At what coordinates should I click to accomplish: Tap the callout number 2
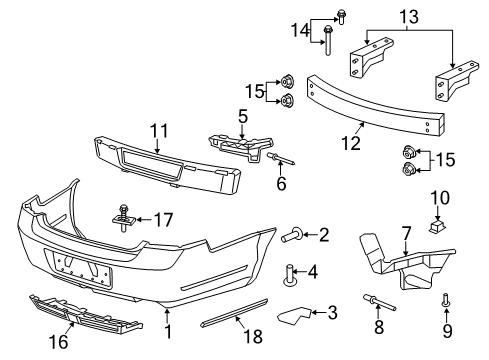pos(324,236)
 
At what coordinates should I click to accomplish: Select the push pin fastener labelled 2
pos(296,236)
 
